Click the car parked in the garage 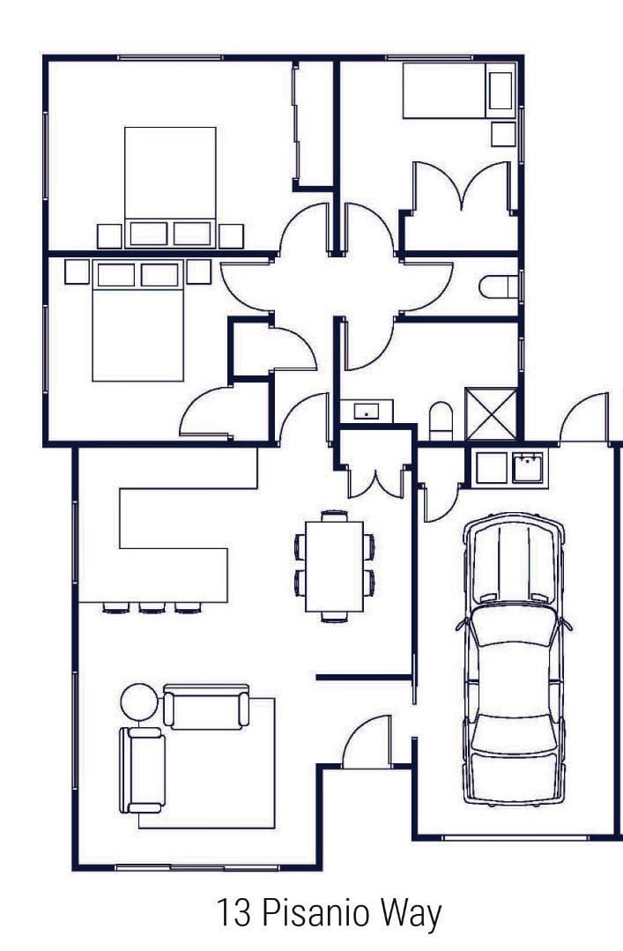click(x=513, y=659)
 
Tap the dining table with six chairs click(x=334, y=567)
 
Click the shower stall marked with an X click(x=491, y=413)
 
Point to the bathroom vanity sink click(x=367, y=411)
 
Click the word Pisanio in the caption click(x=313, y=913)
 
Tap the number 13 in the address click(x=234, y=913)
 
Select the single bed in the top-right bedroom click(x=459, y=91)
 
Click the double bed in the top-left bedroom click(x=170, y=187)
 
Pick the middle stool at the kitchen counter click(x=152, y=608)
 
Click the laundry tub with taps click(x=530, y=468)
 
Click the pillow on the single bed click(x=501, y=91)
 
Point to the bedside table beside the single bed click(x=503, y=134)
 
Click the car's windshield click(x=513, y=625)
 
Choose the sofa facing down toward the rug click(x=206, y=707)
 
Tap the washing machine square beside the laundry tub click(x=492, y=468)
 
